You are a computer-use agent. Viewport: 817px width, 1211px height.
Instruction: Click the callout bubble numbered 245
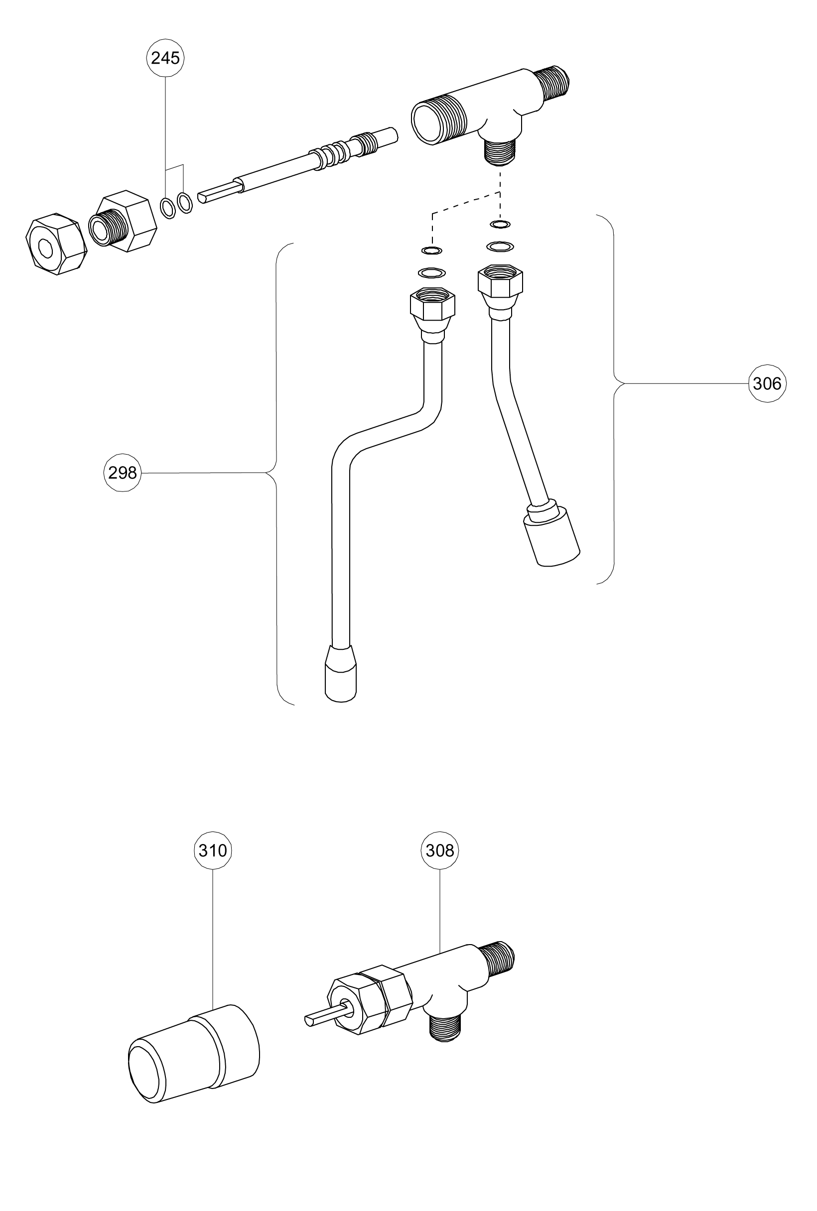[165, 58]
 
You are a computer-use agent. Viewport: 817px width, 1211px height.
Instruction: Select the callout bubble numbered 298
[123, 473]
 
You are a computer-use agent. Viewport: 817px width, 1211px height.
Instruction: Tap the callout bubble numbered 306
[767, 384]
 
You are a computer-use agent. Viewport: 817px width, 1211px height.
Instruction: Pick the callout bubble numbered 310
[213, 850]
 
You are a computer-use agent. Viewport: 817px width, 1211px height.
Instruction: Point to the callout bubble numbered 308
[440, 850]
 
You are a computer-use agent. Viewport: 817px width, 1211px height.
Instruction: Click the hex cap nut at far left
[56, 244]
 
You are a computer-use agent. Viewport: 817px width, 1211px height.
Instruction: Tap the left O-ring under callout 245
[168, 208]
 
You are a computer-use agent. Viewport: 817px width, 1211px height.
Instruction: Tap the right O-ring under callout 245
[185, 203]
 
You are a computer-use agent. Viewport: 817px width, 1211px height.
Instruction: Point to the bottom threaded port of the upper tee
[500, 151]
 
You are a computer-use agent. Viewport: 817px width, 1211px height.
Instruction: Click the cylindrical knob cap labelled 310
[194, 1054]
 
